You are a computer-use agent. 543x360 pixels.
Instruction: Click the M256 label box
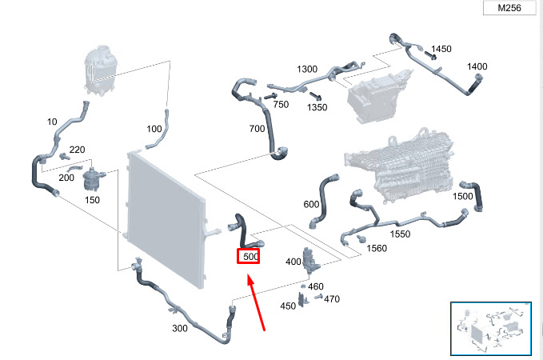[509, 8]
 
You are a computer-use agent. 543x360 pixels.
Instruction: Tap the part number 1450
[441, 49]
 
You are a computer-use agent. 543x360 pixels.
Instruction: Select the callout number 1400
[477, 66]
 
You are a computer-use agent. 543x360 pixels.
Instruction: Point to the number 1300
[307, 70]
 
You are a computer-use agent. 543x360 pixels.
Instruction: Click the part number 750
[281, 104]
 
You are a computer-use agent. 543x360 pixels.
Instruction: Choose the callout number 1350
[317, 107]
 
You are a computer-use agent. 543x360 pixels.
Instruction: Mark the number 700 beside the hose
[257, 129]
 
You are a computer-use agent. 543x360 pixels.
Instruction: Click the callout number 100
[154, 129]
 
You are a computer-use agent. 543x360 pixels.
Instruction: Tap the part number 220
[78, 150]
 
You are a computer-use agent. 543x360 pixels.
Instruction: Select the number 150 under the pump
[92, 200]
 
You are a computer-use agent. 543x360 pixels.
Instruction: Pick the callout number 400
[293, 262]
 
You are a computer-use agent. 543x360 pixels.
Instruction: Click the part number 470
[332, 299]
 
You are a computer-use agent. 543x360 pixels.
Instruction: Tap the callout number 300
[180, 328]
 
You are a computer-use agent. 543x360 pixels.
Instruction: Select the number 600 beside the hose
[311, 205]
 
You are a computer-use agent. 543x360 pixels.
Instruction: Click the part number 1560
[377, 249]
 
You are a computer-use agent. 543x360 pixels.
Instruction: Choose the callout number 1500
[463, 197]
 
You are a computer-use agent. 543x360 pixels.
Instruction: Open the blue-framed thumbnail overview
[491, 329]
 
